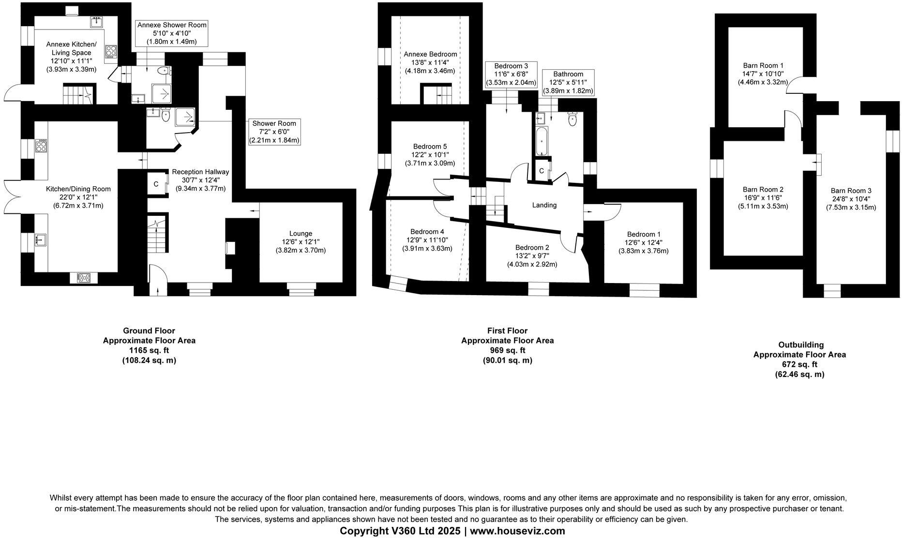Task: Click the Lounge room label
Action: click(x=301, y=234)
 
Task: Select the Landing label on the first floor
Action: click(x=544, y=205)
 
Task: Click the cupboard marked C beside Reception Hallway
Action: click(x=156, y=184)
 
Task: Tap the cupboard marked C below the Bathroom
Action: click(x=542, y=171)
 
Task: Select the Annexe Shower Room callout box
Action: click(x=172, y=33)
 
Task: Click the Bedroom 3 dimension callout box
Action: click(x=511, y=74)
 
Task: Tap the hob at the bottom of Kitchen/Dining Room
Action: click(x=84, y=278)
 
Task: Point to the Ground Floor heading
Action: click(x=149, y=331)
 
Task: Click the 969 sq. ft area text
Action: click(x=507, y=350)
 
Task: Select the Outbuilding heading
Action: click(x=800, y=345)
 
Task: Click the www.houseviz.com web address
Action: click(x=517, y=531)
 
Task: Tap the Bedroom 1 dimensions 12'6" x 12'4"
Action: click(x=644, y=242)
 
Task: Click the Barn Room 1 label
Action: click(x=763, y=65)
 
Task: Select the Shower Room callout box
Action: click(x=274, y=132)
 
